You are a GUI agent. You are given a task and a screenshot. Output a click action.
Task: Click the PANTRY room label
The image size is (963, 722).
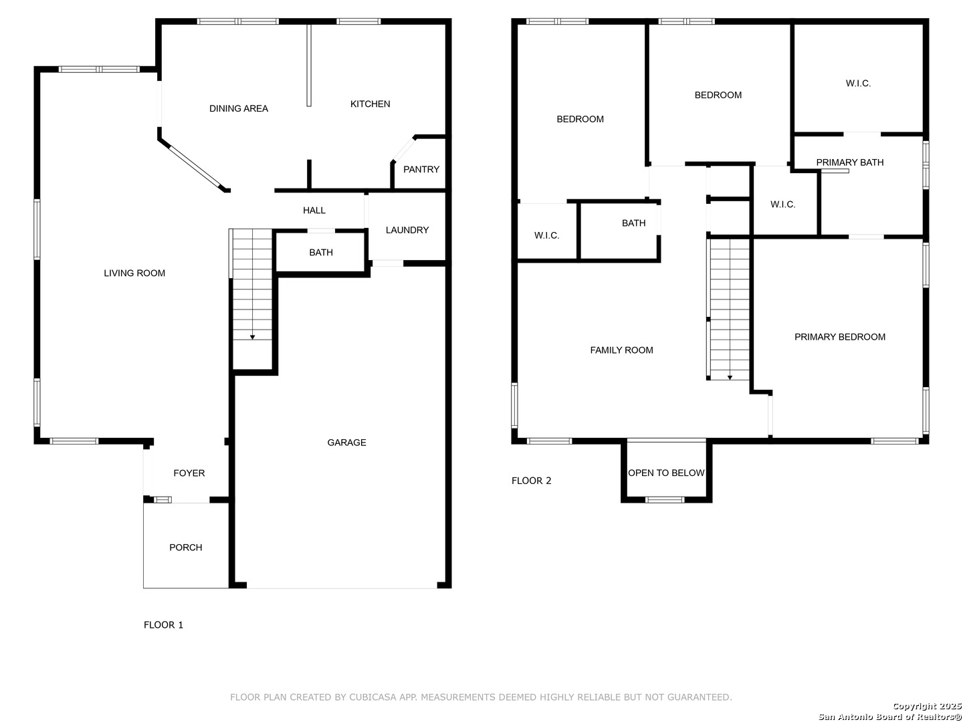pyautogui.click(x=421, y=169)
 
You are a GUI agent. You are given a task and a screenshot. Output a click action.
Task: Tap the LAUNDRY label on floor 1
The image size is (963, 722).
pyautogui.click(x=407, y=230)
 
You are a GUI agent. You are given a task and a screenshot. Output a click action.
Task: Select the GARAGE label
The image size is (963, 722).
pyautogui.click(x=346, y=443)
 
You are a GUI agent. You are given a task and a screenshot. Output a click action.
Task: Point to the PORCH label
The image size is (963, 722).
pyautogui.click(x=186, y=547)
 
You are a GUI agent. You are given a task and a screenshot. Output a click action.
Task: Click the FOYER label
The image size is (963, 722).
pyautogui.click(x=189, y=473)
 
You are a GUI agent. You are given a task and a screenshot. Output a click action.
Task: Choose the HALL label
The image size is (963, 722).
pyautogui.click(x=314, y=211)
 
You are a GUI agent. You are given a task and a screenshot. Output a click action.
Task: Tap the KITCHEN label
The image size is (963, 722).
pyautogui.click(x=370, y=104)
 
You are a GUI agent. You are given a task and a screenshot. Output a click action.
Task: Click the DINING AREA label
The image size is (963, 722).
pyautogui.click(x=238, y=108)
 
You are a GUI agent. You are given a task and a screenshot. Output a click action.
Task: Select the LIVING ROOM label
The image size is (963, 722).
pyautogui.click(x=134, y=273)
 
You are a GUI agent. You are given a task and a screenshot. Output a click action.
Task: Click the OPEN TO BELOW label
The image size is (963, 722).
pyautogui.click(x=665, y=473)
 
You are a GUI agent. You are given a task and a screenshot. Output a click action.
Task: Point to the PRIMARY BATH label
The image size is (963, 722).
pyautogui.click(x=849, y=162)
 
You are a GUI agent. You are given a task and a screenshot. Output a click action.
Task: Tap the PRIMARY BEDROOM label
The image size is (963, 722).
pyautogui.click(x=839, y=337)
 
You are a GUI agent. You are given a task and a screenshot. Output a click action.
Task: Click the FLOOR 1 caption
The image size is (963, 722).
pyautogui.click(x=163, y=624)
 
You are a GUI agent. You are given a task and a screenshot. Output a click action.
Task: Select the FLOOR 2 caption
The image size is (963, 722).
pyautogui.click(x=531, y=481)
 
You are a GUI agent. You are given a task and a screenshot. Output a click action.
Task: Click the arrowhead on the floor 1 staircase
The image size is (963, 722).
pyautogui.click(x=252, y=337)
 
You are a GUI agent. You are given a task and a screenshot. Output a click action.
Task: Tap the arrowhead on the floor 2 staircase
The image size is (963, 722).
pyautogui.click(x=730, y=377)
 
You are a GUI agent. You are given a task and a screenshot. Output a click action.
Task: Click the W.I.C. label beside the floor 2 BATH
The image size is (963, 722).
pyautogui.click(x=546, y=235)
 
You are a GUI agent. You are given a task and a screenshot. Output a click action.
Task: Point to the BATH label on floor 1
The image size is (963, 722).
pyautogui.click(x=321, y=253)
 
